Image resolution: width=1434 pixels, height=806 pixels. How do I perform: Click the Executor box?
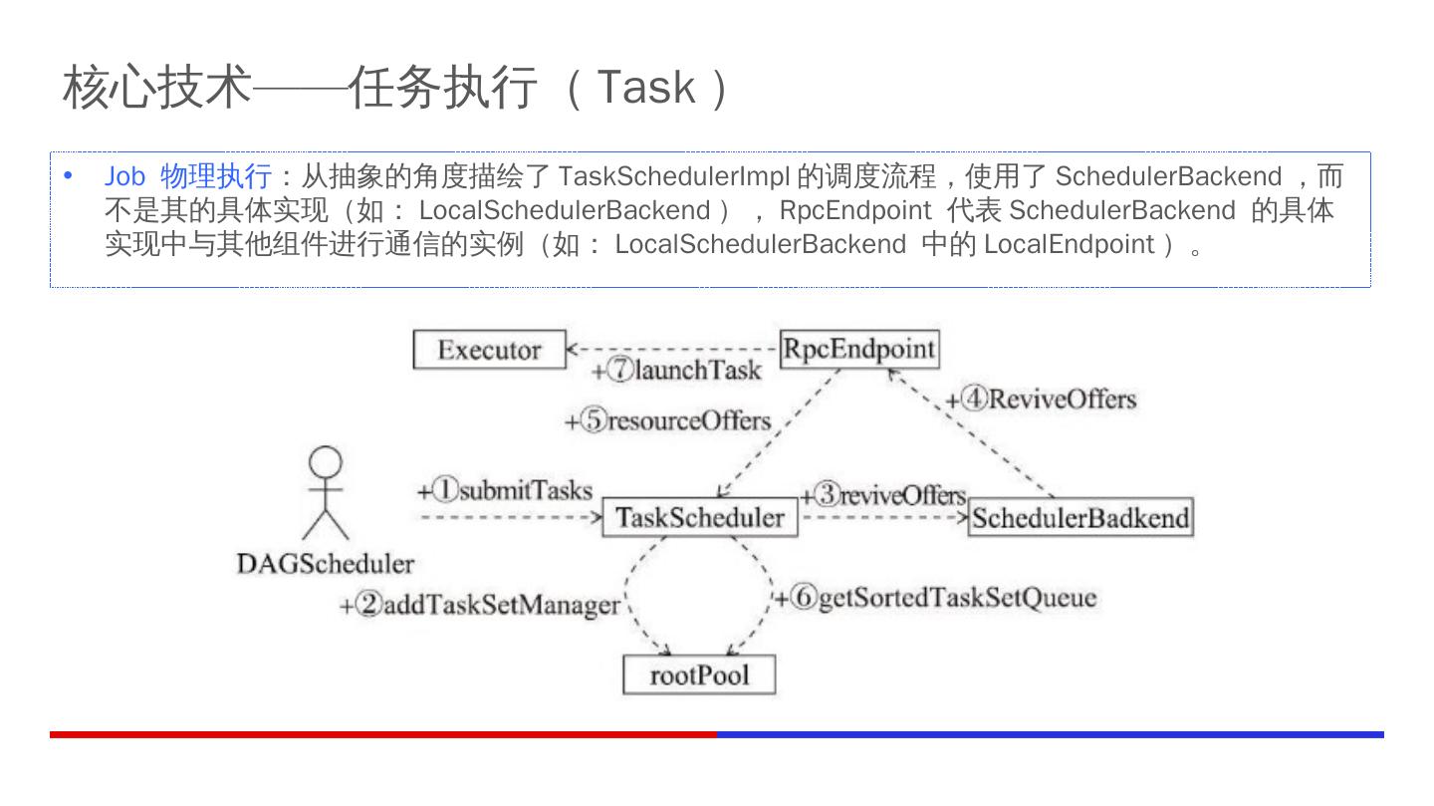(x=489, y=350)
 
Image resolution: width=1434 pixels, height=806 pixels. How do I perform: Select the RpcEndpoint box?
(x=858, y=349)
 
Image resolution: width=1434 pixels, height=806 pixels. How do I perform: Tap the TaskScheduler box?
(x=699, y=518)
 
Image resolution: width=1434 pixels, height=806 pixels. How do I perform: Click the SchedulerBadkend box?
(x=1080, y=518)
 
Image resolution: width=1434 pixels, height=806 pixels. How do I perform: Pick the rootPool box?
(x=698, y=675)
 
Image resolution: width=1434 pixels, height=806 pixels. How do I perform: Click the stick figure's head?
(x=326, y=462)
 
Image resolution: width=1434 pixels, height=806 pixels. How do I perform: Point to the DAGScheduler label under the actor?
(x=325, y=564)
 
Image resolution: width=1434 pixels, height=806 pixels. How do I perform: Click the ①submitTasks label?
(x=505, y=490)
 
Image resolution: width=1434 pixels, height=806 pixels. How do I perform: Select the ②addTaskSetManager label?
(x=480, y=605)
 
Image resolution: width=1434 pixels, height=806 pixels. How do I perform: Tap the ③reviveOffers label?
(x=884, y=495)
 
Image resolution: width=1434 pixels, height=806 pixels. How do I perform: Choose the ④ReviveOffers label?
(x=1042, y=400)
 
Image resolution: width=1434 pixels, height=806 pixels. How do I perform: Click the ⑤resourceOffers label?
(x=668, y=420)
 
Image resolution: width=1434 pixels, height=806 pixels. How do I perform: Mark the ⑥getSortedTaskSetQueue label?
(x=936, y=598)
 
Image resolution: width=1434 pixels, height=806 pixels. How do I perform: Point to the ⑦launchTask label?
(x=676, y=371)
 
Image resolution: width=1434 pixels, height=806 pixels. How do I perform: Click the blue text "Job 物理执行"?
(x=188, y=177)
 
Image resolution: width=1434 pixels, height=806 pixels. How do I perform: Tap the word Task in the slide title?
(x=645, y=88)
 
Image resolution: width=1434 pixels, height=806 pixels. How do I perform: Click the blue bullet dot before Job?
(x=69, y=177)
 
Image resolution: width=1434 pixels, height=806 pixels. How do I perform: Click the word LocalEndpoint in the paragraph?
(x=1069, y=244)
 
